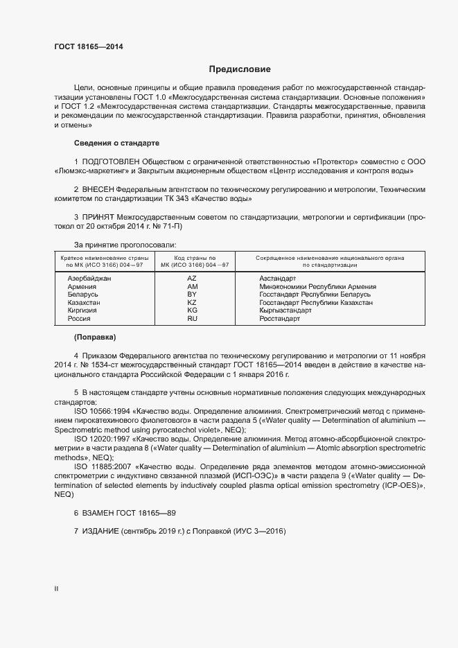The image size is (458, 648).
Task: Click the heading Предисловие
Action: pyautogui.click(x=240, y=69)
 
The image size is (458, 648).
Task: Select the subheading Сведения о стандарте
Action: pyautogui.click(x=116, y=143)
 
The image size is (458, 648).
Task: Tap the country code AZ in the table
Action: pyautogui.click(x=192, y=278)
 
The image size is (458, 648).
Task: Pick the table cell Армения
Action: pyautogui.click(x=82, y=286)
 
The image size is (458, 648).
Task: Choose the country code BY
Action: pyautogui.click(x=192, y=295)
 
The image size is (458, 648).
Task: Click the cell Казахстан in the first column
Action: pyautogui.click(x=84, y=303)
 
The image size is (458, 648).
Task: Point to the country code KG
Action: pyautogui.click(x=192, y=310)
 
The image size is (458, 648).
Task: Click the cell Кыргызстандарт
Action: pyautogui.click(x=285, y=310)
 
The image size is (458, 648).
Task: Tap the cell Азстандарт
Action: pyautogui.click(x=278, y=278)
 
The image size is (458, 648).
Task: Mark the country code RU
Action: pyautogui.click(x=192, y=319)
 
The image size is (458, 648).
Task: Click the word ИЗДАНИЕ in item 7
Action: pyautogui.click(x=100, y=532)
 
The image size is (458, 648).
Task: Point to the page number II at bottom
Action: pyautogui.click(x=56, y=588)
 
